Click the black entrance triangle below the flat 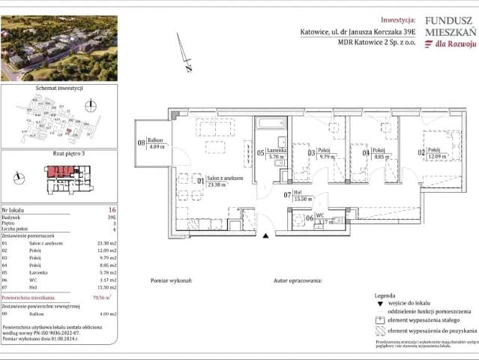(265, 236)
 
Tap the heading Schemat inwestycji (59, 88)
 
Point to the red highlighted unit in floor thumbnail (55, 172)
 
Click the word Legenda (384, 296)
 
